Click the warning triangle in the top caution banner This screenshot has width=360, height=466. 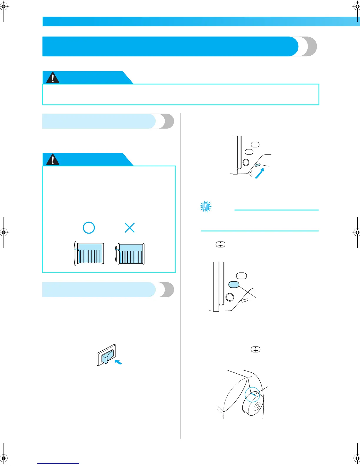tap(53, 78)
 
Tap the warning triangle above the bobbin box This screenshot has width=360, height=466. tap(53, 159)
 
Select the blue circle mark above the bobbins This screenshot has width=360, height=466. tap(89, 227)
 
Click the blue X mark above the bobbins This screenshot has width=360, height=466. tap(129, 227)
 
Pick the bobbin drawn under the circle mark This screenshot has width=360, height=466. tap(89, 254)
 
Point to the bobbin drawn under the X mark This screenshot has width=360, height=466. tap(130, 254)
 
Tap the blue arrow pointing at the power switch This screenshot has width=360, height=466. tap(118, 362)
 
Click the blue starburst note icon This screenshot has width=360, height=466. tap(205, 207)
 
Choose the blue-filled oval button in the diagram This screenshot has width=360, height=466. tap(234, 284)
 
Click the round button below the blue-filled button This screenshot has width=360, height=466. tap(230, 297)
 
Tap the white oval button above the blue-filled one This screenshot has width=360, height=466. tap(241, 276)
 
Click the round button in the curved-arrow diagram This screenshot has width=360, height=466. tap(246, 162)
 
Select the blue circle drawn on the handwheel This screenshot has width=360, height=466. tap(252, 394)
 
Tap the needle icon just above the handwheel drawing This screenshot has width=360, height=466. tap(256, 349)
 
